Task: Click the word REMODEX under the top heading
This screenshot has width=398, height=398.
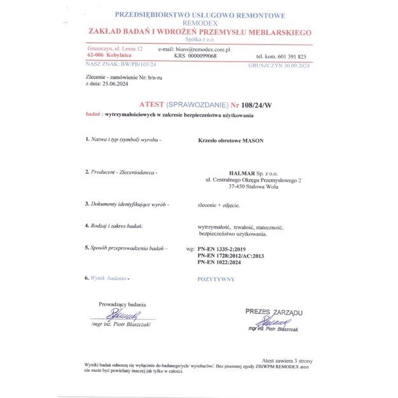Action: coord(199,23)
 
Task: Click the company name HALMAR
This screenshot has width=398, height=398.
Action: coord(243,173)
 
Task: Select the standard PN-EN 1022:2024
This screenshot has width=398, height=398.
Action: coord(221,262)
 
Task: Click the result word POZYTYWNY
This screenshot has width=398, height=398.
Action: coord(216,279)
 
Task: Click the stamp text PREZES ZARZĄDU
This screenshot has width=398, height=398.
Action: coord(274,312)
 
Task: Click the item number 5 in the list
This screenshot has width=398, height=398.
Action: coord(87,248)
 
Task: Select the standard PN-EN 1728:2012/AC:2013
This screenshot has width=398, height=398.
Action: coord(230,255)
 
